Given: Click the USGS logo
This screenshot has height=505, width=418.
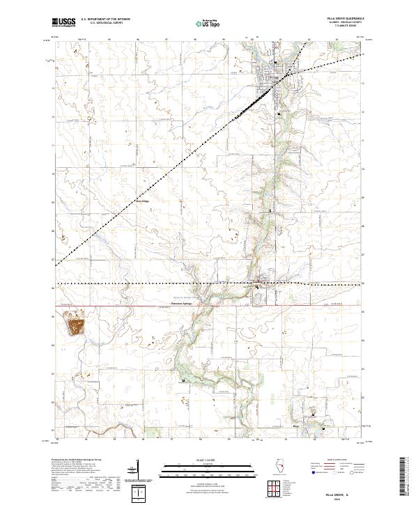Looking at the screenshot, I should click(63, 23).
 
